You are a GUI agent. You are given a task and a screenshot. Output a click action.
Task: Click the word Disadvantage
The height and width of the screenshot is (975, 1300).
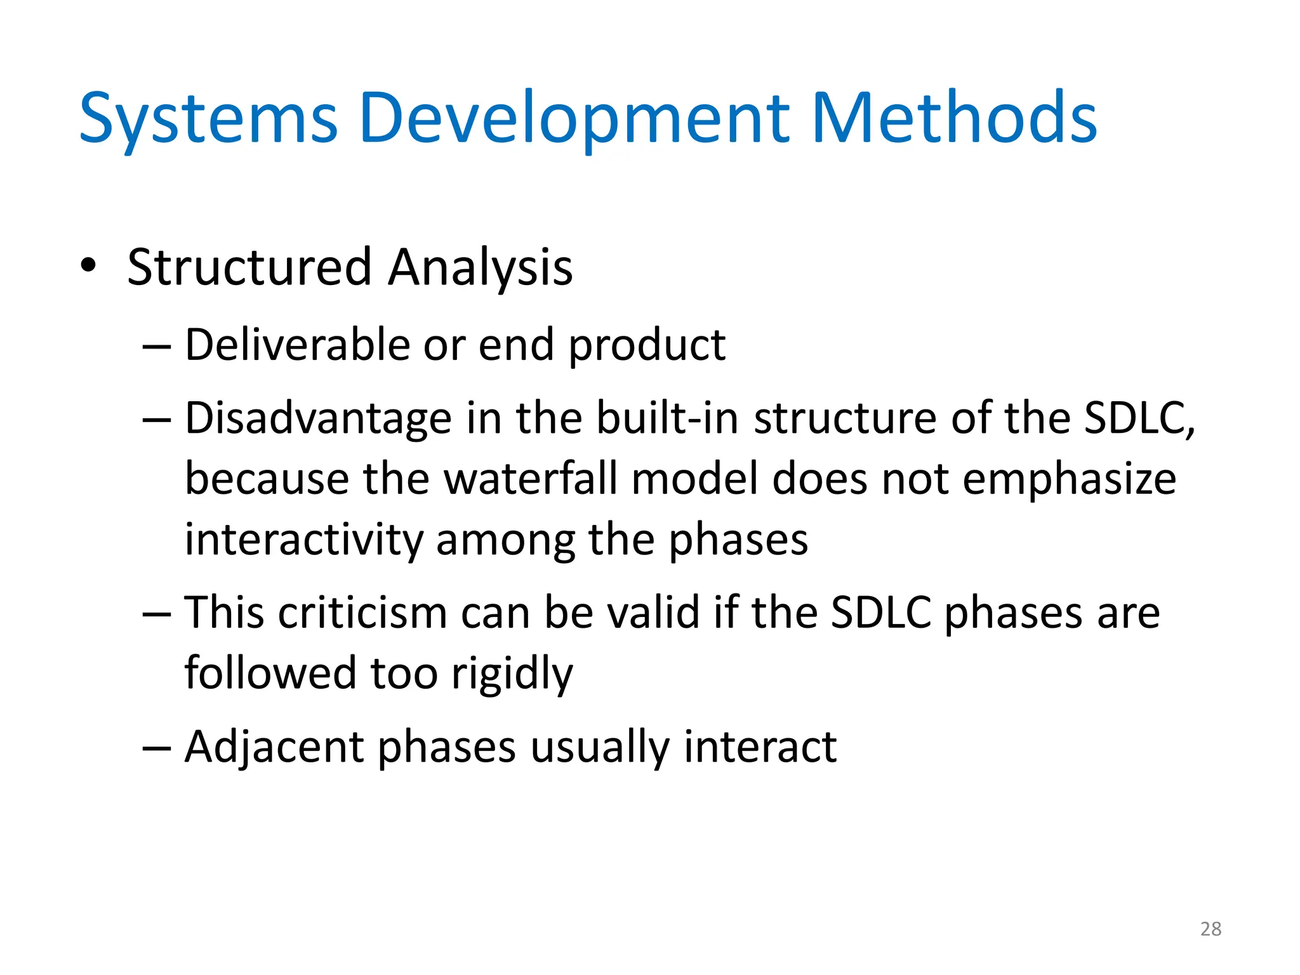click(318, 418)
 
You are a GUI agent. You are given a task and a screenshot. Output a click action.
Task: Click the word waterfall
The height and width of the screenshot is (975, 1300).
click(530, 479)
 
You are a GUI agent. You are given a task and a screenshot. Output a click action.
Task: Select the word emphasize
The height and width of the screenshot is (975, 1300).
click(1069, 480)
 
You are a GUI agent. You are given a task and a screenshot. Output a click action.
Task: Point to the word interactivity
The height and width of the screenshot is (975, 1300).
click(303, 540)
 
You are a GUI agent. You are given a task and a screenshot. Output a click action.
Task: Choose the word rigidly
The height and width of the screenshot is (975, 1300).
click(512, 674)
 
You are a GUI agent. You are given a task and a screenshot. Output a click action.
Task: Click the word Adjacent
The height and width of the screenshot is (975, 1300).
click(274, 747)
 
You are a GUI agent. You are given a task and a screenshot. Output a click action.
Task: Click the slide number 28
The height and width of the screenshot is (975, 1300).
click(1210, 929)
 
